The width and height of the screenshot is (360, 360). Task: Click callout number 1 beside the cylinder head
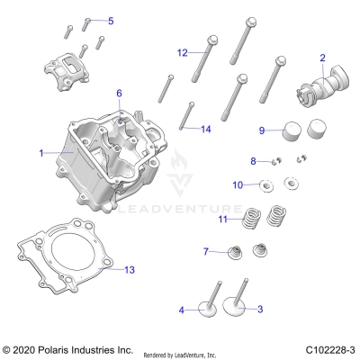coord(41,153)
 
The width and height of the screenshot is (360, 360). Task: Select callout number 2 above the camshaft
coord(321,58)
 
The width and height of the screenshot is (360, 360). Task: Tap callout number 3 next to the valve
coord(260,310)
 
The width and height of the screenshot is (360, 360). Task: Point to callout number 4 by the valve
coord(181,310)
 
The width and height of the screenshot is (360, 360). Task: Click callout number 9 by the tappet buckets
coord(263,130)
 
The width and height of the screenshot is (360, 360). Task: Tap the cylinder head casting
coord(112,157)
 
